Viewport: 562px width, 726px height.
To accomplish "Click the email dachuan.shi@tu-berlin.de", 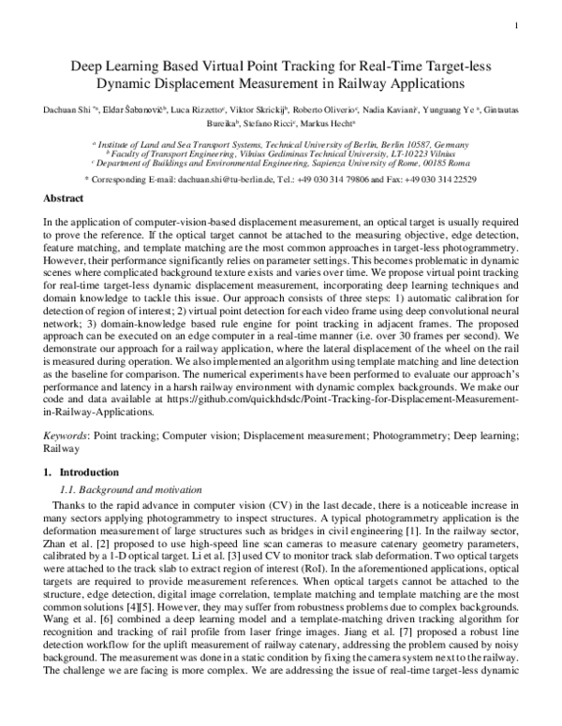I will click(203, 178).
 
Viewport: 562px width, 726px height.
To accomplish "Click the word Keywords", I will click(70, 437).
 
